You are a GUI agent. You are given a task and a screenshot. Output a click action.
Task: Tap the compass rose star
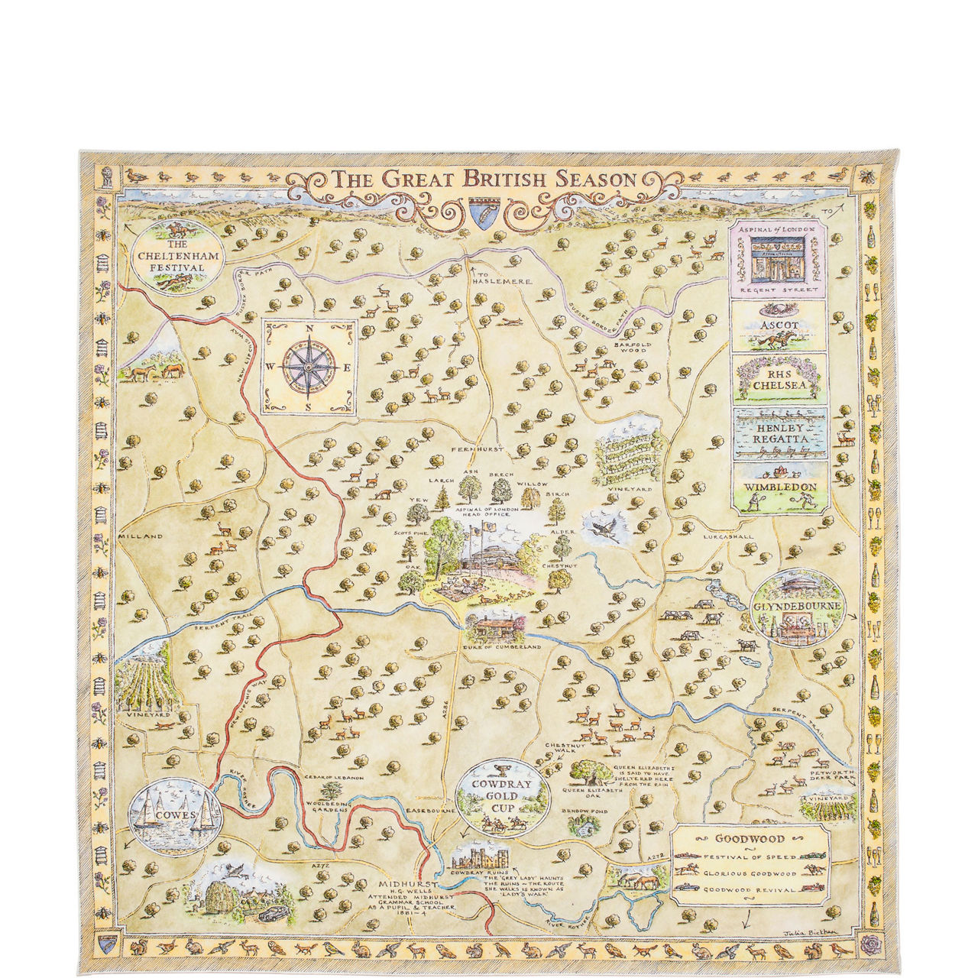[309, 368]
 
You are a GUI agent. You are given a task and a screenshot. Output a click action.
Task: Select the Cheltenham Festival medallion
[177, 257]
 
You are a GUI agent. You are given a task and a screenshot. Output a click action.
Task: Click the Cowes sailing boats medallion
[174, 816]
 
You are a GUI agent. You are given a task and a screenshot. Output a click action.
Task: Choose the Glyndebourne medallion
[798, 608]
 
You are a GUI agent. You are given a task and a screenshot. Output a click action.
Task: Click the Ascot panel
[779, 326]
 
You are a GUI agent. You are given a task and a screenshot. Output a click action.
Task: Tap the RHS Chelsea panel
[779, 379]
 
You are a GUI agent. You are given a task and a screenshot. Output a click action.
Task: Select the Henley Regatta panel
[779, 433]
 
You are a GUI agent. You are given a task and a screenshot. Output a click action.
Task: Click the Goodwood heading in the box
[749, 838]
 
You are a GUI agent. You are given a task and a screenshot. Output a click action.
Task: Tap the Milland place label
[141, 536]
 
